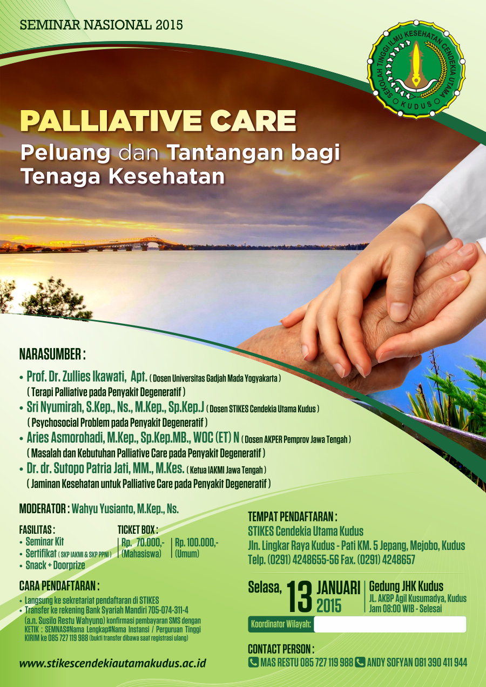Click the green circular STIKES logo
pos(416,69)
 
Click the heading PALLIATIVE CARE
pos(158,121)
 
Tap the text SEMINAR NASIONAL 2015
pos(102,25)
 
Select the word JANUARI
pos(339,588)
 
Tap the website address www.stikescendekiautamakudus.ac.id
pos(113,663)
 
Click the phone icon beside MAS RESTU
pos(253,662)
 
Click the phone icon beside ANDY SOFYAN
pos(360,662)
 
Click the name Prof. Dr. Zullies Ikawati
pos(76,376)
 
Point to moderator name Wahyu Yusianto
pos(103,509)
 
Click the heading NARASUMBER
pos(52,354)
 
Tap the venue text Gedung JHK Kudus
pos(406,587)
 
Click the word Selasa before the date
pos(265,587)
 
